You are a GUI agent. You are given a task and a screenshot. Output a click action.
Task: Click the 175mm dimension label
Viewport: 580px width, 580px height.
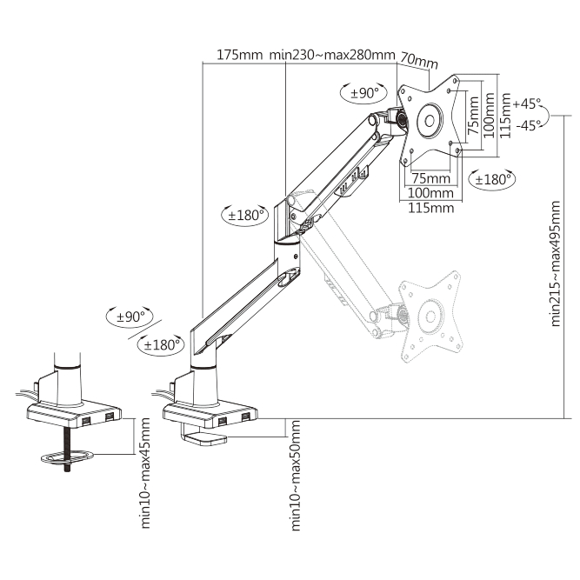point(239,55)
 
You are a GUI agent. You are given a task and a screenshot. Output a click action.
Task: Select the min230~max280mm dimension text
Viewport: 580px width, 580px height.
point(332,55)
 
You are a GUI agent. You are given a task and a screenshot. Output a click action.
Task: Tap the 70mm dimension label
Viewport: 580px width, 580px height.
point(419,61)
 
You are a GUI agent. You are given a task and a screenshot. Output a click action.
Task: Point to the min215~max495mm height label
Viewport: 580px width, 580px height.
point(556,263)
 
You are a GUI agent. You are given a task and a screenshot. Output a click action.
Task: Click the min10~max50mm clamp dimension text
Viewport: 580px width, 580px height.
point(296,476)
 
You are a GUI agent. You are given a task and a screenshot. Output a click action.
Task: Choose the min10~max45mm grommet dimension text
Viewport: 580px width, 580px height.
point(145,473)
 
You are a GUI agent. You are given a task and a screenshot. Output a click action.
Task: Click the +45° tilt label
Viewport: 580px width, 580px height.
point(527,103)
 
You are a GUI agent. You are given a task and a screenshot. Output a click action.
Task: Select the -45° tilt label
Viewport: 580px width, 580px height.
point(528,125)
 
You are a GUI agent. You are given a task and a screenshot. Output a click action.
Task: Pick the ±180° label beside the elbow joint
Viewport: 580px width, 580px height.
point(245,215)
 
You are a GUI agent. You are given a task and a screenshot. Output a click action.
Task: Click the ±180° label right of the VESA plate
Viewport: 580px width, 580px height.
point(492,180)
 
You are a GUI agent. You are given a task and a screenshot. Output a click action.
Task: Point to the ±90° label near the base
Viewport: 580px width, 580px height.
point(130,317)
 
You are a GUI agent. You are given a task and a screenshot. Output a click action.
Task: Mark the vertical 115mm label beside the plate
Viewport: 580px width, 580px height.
point(505,116)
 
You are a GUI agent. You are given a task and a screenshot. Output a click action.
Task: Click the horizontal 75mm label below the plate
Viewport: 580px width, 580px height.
point(431,178)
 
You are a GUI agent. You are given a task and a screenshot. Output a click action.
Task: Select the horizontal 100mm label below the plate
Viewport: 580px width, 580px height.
point(430,193)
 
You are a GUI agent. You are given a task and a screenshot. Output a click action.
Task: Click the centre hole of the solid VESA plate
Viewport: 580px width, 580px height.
point(430,121)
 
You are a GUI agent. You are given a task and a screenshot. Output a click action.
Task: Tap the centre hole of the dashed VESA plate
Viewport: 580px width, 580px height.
point(430,317)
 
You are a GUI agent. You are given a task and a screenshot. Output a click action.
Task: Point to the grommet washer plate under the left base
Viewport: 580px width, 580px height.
point(67,457)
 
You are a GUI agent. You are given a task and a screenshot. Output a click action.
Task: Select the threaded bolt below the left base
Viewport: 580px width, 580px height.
point(67,450)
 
